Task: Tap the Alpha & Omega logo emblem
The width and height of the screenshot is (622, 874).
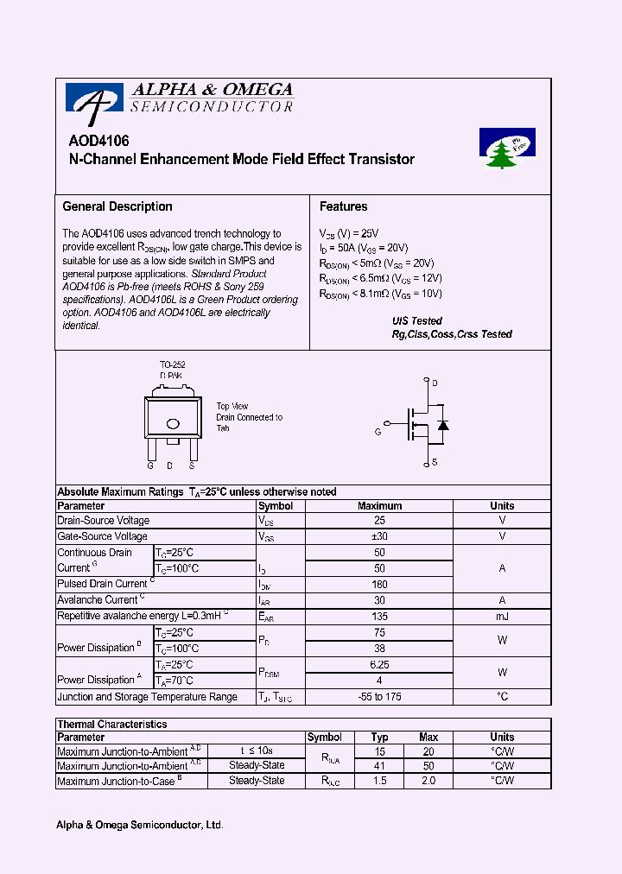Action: [89, 103]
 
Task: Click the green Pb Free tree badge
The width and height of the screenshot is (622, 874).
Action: [507, 149]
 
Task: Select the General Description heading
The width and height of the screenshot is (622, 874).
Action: [117, 206]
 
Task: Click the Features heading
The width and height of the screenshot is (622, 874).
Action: [343, 206]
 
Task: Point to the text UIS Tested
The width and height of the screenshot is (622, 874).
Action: [417, 320]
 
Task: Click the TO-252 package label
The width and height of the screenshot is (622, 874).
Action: [172, 365]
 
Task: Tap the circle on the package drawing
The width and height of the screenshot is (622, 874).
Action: [172, 423]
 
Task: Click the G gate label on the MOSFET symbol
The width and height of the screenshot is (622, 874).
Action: [378, 431]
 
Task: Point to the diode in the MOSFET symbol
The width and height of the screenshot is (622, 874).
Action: [442, 425]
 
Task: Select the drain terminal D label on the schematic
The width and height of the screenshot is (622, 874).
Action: [435, 383]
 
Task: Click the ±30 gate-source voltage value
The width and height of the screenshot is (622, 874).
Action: [379, 536]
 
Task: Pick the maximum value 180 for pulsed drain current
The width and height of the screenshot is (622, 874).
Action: [379, 585]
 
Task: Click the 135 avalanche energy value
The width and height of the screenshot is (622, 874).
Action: [379, 616]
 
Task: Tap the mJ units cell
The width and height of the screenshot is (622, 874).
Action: [502, 616]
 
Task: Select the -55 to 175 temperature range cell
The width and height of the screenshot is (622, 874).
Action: [379, 697]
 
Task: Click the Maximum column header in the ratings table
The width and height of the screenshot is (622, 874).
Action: [379, 506]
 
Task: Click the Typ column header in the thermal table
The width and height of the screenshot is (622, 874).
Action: [379, 738]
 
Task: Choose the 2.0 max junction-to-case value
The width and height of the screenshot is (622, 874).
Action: [428, 781]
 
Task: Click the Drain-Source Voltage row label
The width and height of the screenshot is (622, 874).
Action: [103, 521]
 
